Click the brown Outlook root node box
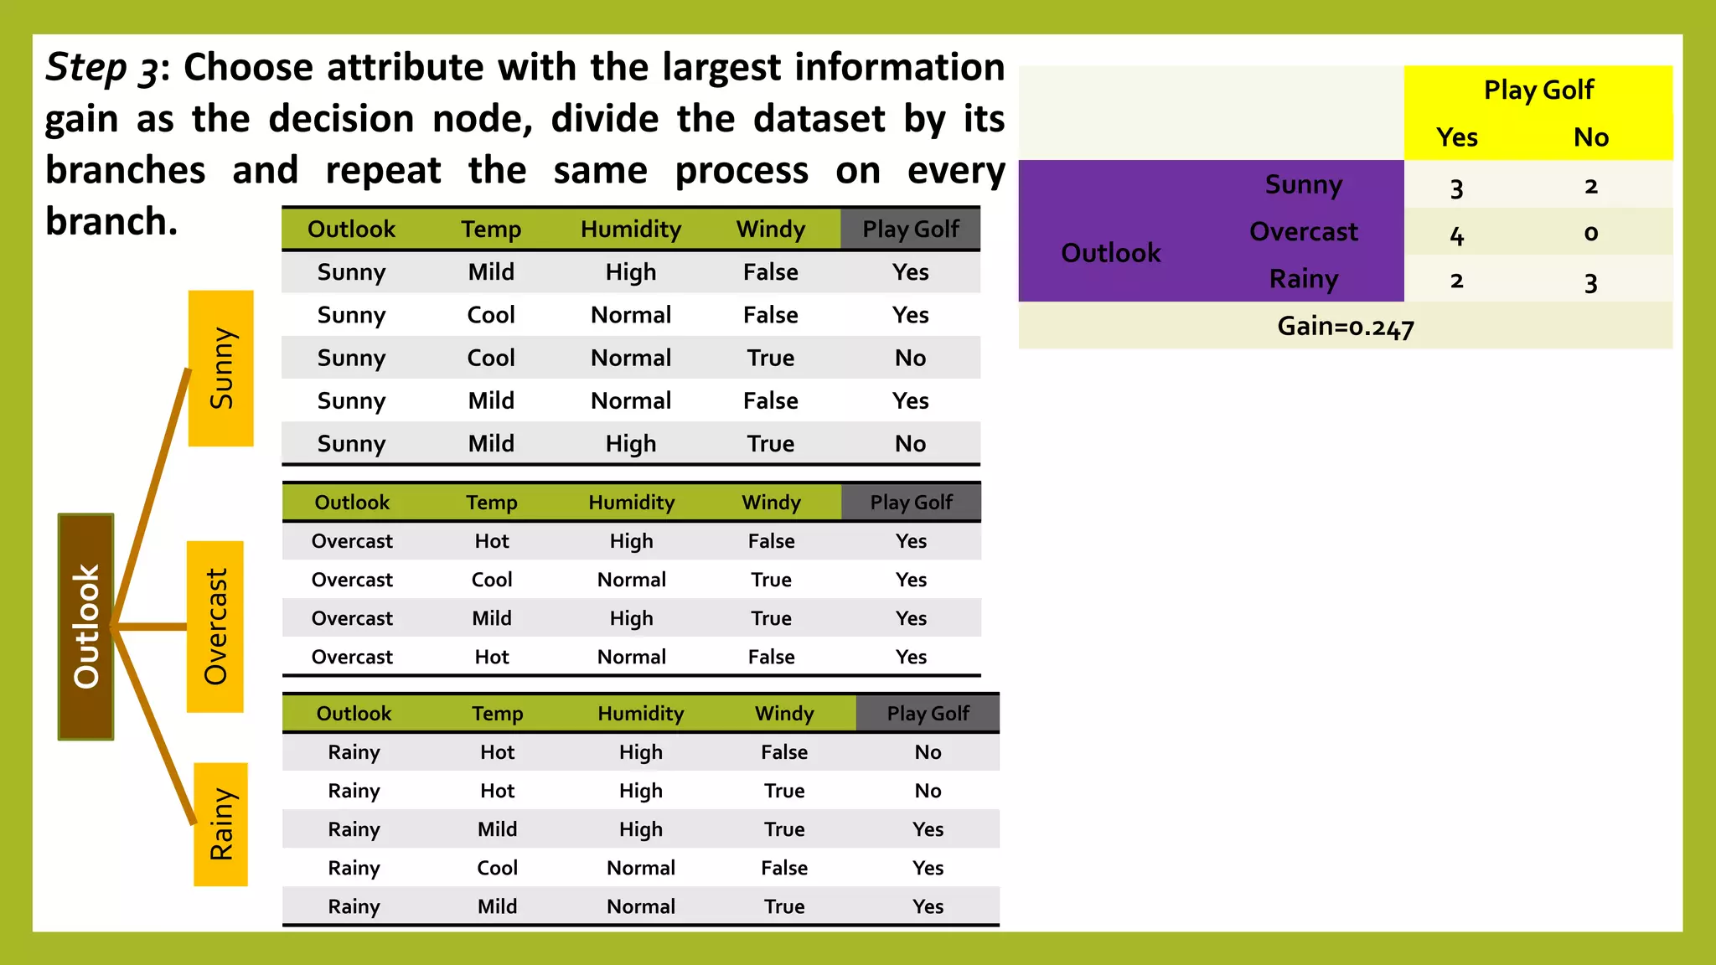(85, 627)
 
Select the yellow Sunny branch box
(221, 368)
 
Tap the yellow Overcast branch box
(215, 627)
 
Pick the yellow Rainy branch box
(221, 824)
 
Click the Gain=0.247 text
(1345, 326)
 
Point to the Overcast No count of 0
(1590, 233)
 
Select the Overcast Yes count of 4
(1457, 235)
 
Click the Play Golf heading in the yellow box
(1538, 90)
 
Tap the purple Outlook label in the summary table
(1110, 252)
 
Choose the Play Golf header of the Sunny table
(911, 229)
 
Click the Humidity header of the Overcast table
(631, 502)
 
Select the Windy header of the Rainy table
(783, 713)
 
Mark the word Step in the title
(85, 67)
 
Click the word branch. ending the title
(111, 222)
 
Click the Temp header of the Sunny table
(491, 229)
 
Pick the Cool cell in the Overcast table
(491, 580)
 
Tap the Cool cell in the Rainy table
(497, 868)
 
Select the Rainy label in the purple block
(1303, 279)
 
